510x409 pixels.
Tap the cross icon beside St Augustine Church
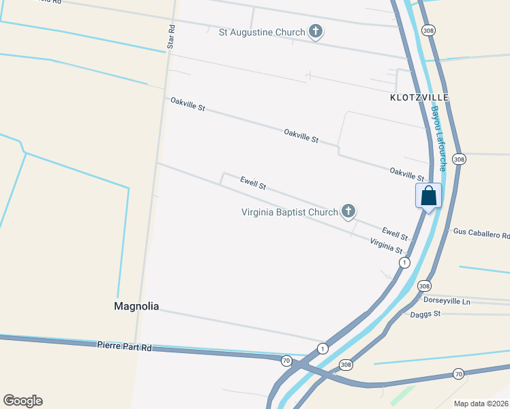pyautogui.click(x=316, y=31)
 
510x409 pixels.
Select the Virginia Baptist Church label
pyautogui.click(x=289, y=212)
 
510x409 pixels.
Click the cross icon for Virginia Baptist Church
pyautogui.click(x=348, y=211)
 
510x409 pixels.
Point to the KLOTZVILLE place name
pyautogui.click(x=419, y=97)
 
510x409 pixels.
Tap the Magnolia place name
pyautogui.click(x=136, y=307)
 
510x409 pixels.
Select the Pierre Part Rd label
pyautogui.click(x=123, y=346)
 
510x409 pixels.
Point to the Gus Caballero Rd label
pyautogui.click(x=481, y=233)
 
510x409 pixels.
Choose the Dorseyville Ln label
pyautogui.click(x=447, y=301)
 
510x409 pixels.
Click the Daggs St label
pyautogui.click(x=425, y=314)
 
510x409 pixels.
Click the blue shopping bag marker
pyautogui.click(x=429, y=196)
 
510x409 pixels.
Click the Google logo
pyautogui.click(x=22, y=401)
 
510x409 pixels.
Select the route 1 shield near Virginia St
pyautogui.click(x=405, y=262)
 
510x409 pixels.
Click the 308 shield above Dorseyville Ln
pyautogui.click(x=424, y=286)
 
